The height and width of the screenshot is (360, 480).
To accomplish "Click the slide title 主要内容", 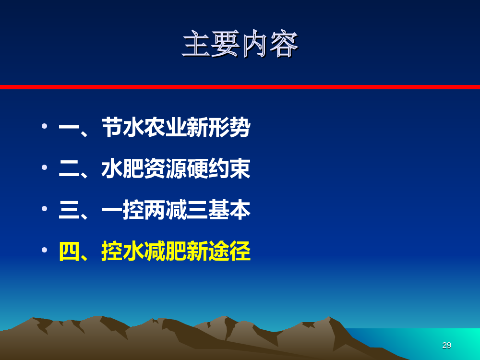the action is (x=240, y=44).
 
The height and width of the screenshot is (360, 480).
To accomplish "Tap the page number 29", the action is (x=446, y=345).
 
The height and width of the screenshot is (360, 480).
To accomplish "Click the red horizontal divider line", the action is (x=240, y=87).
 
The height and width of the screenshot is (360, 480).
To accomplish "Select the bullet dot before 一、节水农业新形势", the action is (x=44, y=126).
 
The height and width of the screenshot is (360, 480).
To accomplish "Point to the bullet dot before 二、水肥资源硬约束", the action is (x=44, y=167).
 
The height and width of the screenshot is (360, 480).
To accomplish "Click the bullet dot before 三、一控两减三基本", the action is (x=44, y=208).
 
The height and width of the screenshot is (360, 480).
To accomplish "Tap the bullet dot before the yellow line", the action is (x=44, y=250).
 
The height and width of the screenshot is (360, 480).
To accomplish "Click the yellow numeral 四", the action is (x=69, y=251).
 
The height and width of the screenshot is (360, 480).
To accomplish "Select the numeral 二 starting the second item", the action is (x=69, y=168).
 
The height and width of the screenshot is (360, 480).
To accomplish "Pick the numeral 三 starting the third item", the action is (x=69, y=210).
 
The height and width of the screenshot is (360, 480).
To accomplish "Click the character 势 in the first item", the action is (x=240, y=127).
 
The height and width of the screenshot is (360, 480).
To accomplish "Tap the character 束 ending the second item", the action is (x=240, y=168).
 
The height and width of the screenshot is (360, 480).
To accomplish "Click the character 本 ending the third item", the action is (x=240, y=210).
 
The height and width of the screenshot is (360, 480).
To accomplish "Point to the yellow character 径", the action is (x=240, y=251).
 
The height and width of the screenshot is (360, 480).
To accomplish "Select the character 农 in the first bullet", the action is (x=155, y=127).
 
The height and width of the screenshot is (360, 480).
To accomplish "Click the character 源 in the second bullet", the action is (x=176, y=168).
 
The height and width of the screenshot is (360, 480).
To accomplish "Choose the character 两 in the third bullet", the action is (x=155, y=210).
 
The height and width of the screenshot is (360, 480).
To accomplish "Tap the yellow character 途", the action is (x=219, y=251).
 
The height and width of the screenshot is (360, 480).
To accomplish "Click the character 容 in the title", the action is (x=284, y=44).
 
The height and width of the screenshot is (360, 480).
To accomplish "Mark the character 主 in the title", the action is (x=196, y=44).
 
